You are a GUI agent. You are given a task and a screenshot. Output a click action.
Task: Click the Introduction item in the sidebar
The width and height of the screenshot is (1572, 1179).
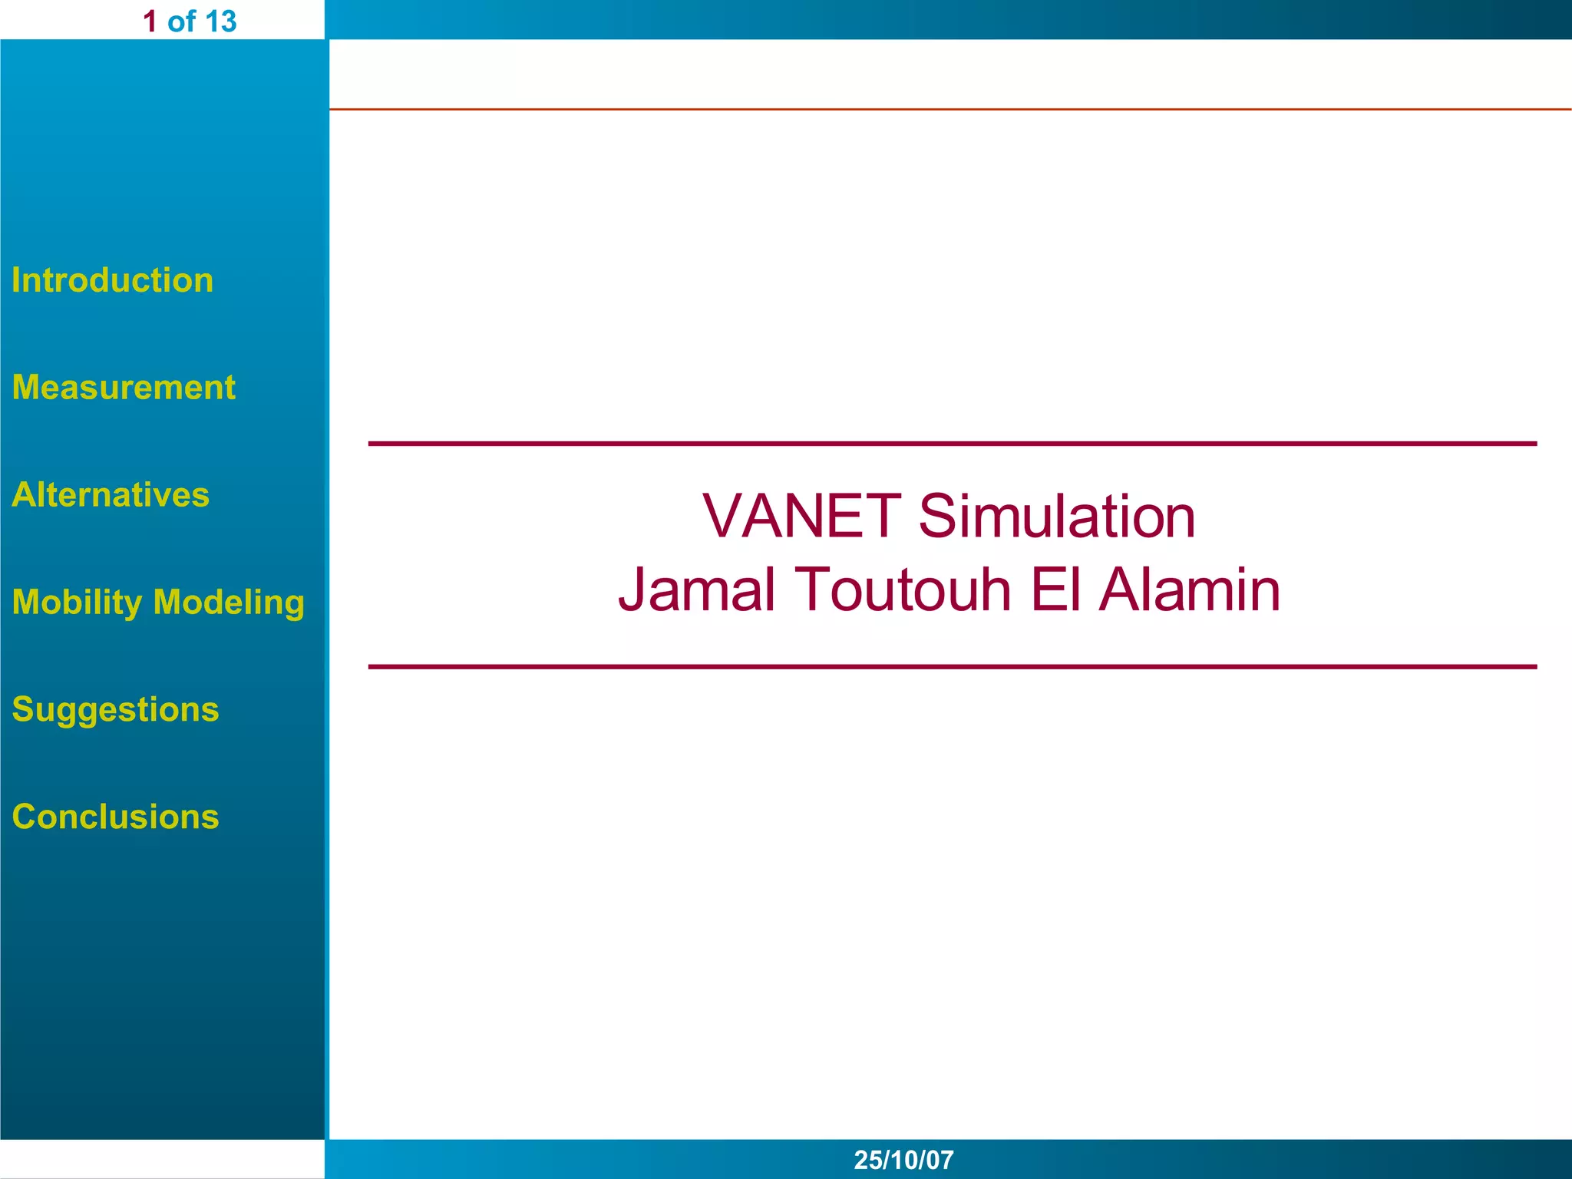[x=112, y=280]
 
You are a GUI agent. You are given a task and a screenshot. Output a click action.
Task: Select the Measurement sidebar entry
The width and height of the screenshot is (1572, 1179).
[x=124, y=388]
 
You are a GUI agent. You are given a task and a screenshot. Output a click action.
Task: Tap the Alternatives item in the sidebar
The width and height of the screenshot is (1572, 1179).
[x=111, y=495]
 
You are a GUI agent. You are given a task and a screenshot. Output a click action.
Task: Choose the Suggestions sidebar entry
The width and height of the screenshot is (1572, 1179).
[x=115, y=709]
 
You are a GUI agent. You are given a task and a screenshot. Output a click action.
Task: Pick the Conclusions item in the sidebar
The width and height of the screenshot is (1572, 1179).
[x=115, y=817]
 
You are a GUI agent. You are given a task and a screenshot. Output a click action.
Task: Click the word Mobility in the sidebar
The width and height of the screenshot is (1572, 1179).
[x=77, y=603]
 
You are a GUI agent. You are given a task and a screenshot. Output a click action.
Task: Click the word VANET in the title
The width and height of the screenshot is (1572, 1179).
[x=801, y=516]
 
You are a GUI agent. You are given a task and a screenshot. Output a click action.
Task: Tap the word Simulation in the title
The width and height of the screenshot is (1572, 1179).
[x=1056, y=516]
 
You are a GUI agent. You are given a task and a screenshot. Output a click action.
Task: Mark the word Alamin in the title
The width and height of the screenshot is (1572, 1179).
[x=1190, y=589]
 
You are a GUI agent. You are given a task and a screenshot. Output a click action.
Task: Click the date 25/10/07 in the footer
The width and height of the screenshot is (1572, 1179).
[x=903, y=1160]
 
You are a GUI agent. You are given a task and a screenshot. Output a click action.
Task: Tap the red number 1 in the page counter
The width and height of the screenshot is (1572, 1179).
[x=150, y=21]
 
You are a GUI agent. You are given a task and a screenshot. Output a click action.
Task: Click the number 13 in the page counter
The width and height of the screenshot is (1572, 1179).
[x=220, y=21]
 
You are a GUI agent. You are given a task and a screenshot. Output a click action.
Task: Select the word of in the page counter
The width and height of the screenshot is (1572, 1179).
[x=181, y=21]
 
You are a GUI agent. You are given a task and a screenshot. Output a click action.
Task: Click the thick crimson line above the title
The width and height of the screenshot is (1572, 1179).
[x=952, y=444]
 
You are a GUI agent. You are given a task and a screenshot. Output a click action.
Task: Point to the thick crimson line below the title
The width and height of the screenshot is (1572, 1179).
[x=952, y=667]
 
